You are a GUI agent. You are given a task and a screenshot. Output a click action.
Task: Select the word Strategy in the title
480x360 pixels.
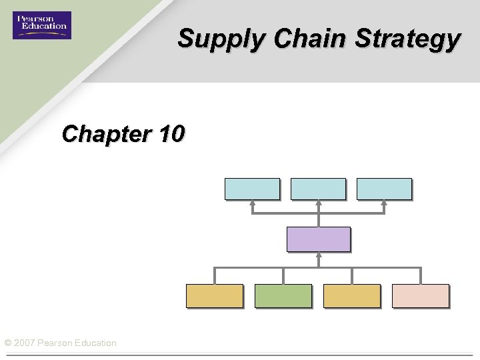(x=407, y=39)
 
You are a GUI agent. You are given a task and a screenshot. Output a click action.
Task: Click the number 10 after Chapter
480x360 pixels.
(x=172, y=134)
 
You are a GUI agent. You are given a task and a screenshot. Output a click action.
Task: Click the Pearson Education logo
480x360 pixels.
(x=41, y=25)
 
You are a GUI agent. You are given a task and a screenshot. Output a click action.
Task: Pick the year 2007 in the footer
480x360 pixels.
(x=25, y=343)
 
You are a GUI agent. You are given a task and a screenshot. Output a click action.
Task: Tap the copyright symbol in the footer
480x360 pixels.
(x=7, y=343)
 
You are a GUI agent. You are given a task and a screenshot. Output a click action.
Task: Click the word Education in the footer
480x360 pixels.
(x=95, y=343)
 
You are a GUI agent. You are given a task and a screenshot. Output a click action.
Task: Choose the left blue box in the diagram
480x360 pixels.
(x=252, y=189)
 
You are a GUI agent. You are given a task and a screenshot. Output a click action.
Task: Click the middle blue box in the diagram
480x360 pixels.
(x=318, y=189)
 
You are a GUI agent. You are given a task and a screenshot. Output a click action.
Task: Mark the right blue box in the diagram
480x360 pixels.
(x=384, y=189)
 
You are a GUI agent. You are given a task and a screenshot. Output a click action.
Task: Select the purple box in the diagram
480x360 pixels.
(x=318, y=239)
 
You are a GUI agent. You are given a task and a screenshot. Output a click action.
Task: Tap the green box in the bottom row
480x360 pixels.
(x=283, y=295)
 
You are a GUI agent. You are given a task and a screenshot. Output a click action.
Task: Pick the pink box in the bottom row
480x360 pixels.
(x=420, y=295)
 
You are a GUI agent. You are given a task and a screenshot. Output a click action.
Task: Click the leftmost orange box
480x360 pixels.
(x=214, y=295)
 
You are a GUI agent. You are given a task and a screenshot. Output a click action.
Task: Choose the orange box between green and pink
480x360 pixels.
(x=351, y=295)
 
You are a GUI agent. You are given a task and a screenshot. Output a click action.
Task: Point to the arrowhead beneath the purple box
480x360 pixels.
(x=319, y=255)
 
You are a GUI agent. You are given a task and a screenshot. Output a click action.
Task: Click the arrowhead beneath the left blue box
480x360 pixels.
(x=252, y=203)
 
